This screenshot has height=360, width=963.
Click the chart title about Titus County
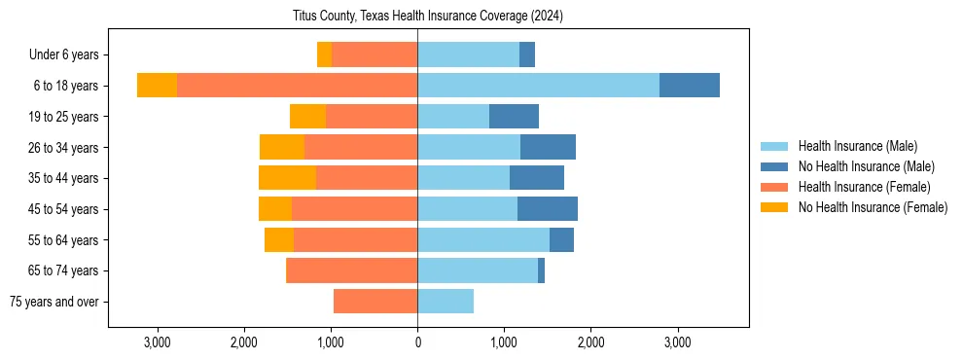point(427,17)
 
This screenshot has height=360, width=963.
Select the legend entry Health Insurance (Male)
point(856,146)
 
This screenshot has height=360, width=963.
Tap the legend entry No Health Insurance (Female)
point(873,207)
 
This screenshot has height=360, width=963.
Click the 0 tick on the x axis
point(417,342)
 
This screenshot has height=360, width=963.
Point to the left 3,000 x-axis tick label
point(158,342)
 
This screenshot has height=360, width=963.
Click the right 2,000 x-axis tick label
point(590,342)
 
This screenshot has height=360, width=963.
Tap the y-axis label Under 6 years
point(69,55)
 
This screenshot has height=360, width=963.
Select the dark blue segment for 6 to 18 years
point(690,86)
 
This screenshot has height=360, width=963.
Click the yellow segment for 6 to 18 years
point(157,86)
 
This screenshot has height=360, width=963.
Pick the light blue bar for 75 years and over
point(446,302)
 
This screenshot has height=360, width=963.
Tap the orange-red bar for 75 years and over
point(375,302)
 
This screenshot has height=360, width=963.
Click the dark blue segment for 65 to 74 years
point(541,270)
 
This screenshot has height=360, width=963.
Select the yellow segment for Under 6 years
point(324,55)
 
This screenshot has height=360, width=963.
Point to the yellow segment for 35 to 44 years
point(287,178)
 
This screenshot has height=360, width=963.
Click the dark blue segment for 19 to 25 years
point(514,117)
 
